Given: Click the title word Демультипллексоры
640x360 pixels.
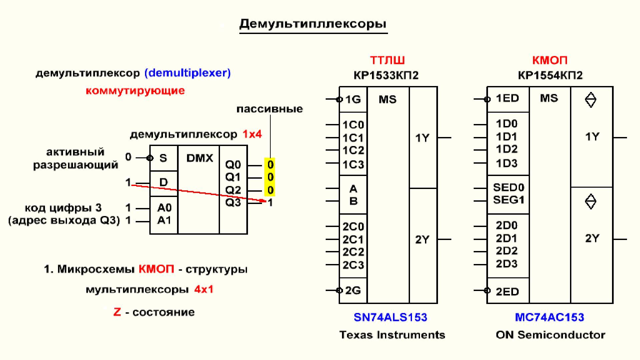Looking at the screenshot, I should tap(313, 24).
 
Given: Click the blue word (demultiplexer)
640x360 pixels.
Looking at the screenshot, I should tap(188, 73).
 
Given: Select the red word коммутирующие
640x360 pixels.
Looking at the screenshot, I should tap(135, 91).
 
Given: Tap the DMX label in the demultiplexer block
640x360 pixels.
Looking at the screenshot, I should tap(199, 158).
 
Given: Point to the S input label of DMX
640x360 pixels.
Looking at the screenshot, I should tap(163, 158).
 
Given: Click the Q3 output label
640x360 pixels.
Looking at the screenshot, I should tap(233, 202).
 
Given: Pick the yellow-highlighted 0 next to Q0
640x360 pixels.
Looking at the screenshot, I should tap(270, 165).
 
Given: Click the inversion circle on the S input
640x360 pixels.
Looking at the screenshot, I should tap(150, 158).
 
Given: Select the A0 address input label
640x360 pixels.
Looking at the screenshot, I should tap(164, 208).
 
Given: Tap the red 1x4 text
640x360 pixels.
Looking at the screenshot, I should tap(252, 134).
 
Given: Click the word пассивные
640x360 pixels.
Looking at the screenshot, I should tap(270, 109).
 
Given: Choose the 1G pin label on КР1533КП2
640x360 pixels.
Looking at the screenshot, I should tap(353, 99).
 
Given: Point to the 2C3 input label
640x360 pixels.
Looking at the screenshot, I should tap(353, 265).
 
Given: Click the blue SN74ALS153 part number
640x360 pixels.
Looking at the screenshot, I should tap(390, 317).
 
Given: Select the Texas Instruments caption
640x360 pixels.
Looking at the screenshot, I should tap(392, 335).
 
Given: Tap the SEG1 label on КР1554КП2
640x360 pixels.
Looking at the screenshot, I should tap(509, 200).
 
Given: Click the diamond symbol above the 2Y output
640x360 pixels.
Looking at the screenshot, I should tap(591, 202).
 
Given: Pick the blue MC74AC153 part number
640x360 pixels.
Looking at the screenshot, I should tap(550, 317).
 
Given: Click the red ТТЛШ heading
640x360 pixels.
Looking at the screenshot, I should tap(387, 60).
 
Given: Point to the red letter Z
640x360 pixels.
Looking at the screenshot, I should tap(117, 312).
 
